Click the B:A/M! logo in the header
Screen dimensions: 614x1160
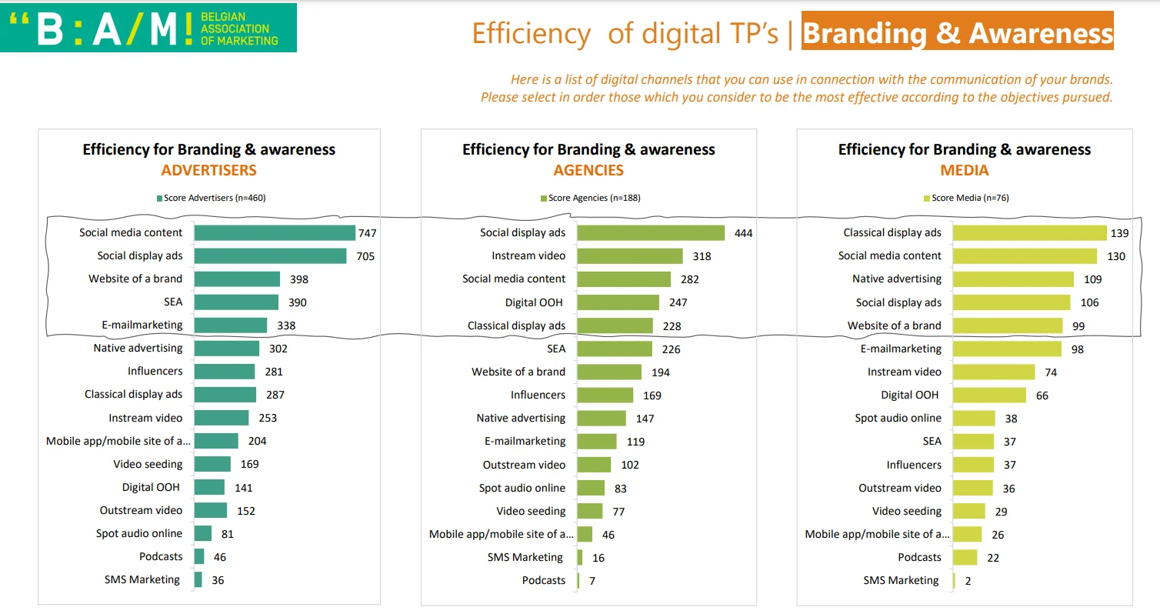click(148, 28)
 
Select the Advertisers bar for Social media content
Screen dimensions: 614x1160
click(275, 232)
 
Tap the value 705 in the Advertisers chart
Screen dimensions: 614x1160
click(365, 256)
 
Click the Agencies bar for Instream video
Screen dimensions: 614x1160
click(630, 256)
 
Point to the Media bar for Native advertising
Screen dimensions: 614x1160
click(1013, 279)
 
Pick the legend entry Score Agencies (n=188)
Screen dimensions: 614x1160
click(591, 198)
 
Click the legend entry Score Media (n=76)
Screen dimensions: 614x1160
click(965, 198)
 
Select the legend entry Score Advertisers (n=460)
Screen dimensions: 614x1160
click(211, 198)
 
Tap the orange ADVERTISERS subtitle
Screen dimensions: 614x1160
click(209, 170)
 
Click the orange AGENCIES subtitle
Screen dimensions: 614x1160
click(588, 170)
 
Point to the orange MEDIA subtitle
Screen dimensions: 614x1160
click(965, 170)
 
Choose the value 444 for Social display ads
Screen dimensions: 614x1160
click(743, 233)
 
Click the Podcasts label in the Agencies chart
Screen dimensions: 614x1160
click(544, 580)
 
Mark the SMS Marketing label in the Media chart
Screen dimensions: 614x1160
click(901, 580)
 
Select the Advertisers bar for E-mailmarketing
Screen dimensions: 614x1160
click(231, 325)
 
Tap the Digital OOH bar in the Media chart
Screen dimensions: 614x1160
click(989, 395)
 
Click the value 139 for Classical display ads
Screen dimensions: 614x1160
click(1120, 233)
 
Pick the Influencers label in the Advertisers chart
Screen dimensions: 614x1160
click(155, 371)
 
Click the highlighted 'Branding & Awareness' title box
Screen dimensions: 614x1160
click(957, 33)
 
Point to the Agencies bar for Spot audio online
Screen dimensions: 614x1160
click(591, 488)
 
